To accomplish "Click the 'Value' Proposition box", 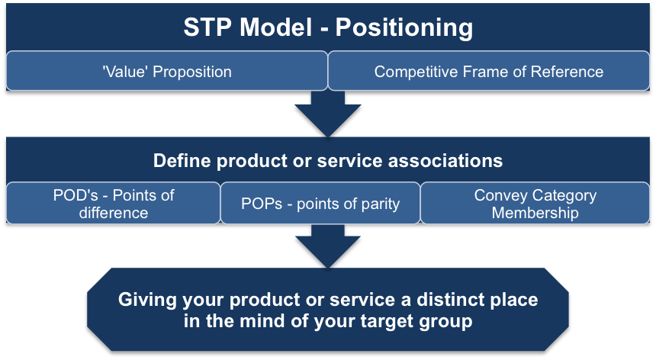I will (166, 72).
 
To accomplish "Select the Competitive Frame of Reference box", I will (488, 72).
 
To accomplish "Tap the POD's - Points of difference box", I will (113, 204).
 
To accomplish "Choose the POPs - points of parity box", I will (320, 204).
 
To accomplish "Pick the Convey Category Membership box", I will (535, 204).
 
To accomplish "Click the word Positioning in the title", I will (404, 28).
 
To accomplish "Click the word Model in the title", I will (277, 28).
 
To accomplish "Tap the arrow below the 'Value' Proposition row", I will (327, 114).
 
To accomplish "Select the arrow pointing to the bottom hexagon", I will (327, 246).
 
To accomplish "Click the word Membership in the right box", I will (535, 213).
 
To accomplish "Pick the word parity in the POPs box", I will (378, 204).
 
